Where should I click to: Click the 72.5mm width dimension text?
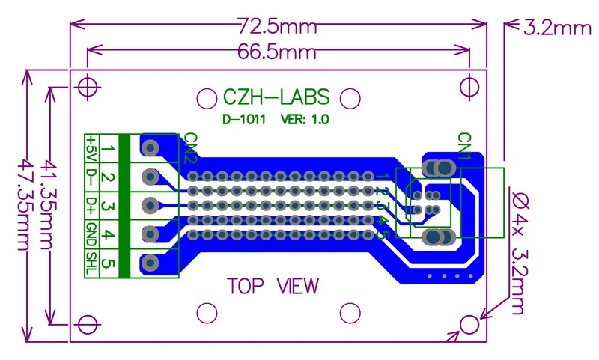pos(278,27)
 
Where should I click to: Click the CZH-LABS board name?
pos(275,97)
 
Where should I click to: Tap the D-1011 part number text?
pos(244,119)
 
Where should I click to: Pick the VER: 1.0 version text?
pos(305,119)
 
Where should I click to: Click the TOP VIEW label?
pos(273,286)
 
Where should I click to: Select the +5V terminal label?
pos(91,148)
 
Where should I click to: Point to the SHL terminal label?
pos(91,263)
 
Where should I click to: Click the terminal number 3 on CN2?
pos(108,206)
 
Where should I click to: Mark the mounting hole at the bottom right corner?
pos(470,324)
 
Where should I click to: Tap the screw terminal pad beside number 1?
pos(150,148)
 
